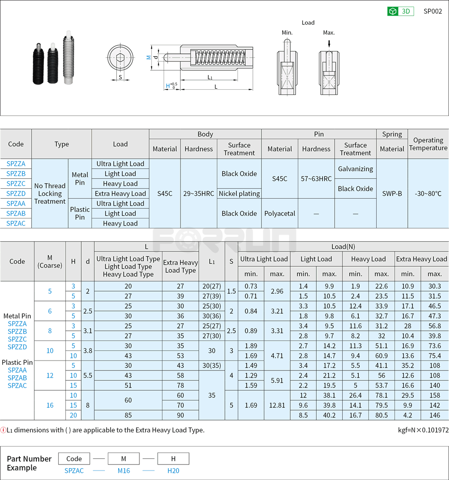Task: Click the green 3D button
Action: pos(400,11)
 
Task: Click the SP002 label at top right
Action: pos(432,11)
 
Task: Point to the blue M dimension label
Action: pos(148,57)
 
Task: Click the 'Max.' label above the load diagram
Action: pos(329,33)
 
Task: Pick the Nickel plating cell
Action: pos(239,194)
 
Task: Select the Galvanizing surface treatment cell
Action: pos(355,168)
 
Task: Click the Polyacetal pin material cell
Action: pos(280,213)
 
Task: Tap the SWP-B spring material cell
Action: pos(392,194)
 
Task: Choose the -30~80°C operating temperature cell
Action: pos(428,194)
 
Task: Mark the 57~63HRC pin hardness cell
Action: pos(316,178)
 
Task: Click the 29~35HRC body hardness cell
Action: pos(199,194)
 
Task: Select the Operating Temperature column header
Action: pos(428,144)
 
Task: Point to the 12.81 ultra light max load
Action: pos(277,405)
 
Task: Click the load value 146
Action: pos(434,415)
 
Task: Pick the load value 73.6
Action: pos(434,345)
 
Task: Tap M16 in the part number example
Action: pos(123,471)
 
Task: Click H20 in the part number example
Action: pos(173,471)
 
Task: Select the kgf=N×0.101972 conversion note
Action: pos(423,430)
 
